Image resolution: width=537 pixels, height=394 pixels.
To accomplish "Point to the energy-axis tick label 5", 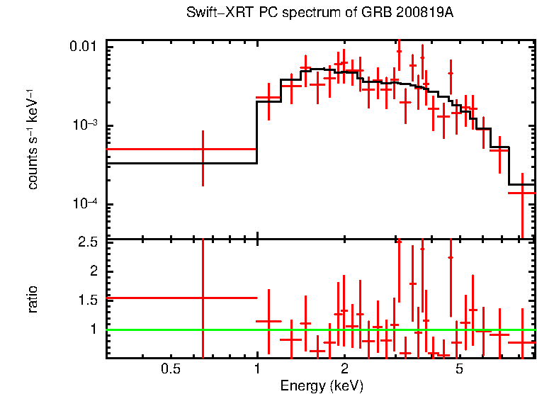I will pos(459,369).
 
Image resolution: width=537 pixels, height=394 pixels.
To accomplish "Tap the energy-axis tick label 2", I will pos(344,369).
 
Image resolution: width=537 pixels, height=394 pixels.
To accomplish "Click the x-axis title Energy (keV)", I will pos(322,385).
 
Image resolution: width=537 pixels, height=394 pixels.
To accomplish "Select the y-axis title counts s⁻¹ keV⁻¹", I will pos(33,138).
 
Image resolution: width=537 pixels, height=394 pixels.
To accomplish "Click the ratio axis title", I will pos(33,299).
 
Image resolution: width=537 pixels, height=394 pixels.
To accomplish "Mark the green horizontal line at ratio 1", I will pos(319,330).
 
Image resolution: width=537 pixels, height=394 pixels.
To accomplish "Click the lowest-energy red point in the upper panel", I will pos(203,149).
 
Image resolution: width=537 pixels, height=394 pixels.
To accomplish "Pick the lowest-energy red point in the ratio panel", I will pos(203,298).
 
